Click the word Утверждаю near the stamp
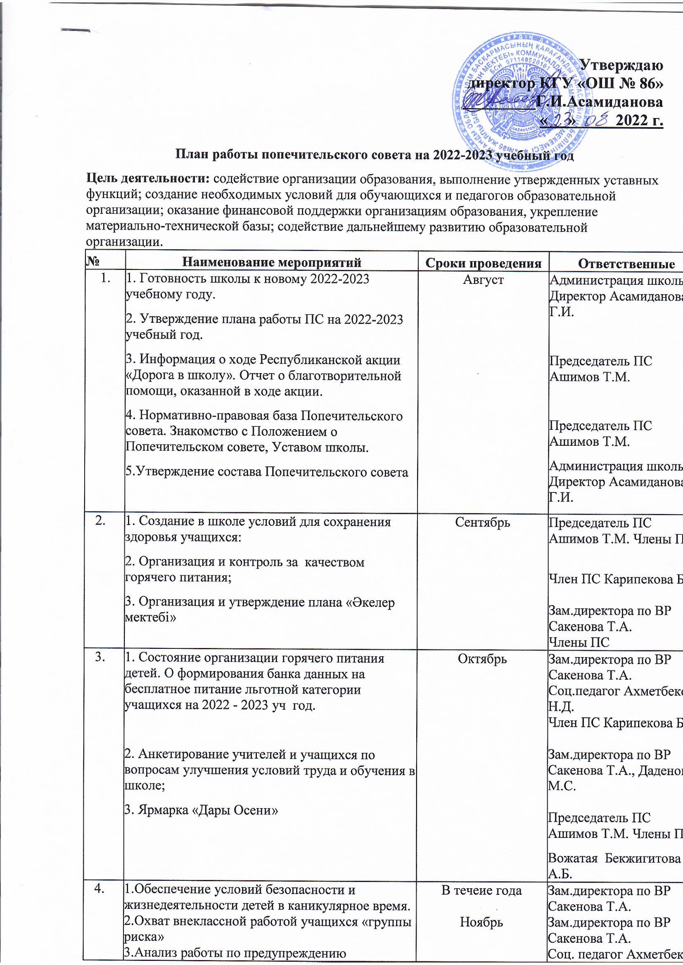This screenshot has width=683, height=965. [x=621, y=66]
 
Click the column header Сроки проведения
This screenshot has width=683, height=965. [x=482, y=263]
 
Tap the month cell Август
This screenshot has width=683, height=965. [x=483, y=280]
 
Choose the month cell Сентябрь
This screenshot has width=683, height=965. [x=483, y=522]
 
